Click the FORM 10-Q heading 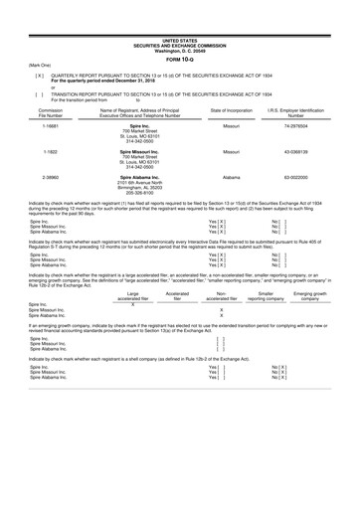click(180, 30)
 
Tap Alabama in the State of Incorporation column click(220, 174)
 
